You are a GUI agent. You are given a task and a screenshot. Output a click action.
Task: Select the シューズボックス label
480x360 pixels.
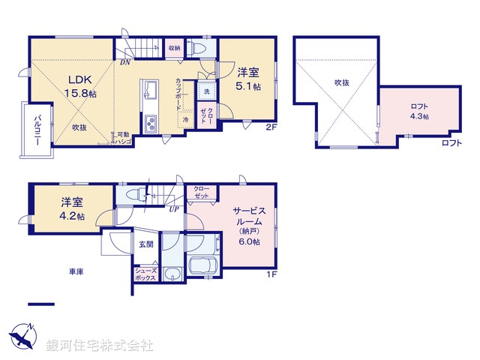click(145, 275)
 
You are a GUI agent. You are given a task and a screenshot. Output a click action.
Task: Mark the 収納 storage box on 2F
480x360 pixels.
click(174, 48)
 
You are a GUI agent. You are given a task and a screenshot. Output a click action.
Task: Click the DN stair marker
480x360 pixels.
click(124, 63)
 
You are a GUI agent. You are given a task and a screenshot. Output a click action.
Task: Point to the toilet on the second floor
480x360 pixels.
click(196, 47)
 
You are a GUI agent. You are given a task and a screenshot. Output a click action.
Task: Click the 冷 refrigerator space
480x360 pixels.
click(184, 120)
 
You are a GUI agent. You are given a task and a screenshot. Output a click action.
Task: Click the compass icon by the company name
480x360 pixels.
click(22, 334)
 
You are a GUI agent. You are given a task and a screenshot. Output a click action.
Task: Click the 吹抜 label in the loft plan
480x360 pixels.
click(341, 82)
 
